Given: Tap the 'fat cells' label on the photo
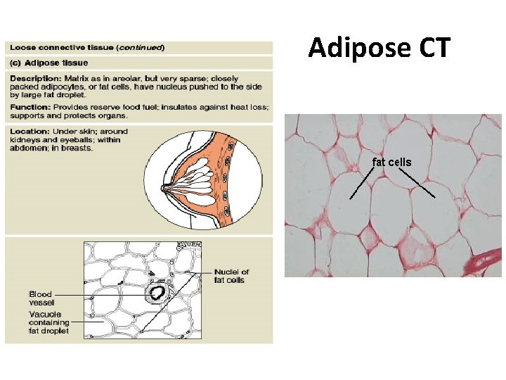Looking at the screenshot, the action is [391, 163].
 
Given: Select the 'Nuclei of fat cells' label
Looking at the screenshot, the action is [231, 276].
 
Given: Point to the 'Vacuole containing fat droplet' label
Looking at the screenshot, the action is [49, 322].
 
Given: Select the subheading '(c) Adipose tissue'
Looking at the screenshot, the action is [49, 63].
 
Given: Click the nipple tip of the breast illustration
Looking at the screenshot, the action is [164, 188].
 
